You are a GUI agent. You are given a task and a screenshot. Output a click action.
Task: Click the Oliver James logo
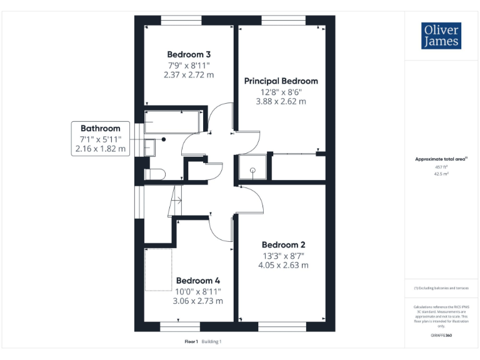pyautogui.click(x=441, y=36)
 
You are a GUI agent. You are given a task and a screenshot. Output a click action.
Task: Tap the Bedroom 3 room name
pyautogui.click(x=189, y=54)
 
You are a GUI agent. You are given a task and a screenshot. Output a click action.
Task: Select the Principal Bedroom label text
pyautogui.click(x=281, y=81)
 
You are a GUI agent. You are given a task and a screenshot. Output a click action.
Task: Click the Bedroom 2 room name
pyautogui.click(x=283, y=244)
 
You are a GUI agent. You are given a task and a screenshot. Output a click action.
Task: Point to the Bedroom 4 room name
pyautogui.click(x=197, y=281)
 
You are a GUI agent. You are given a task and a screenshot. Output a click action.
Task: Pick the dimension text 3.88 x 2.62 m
pyautogui.click(x=281, y=101)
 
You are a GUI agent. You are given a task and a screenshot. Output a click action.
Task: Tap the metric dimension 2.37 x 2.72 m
pyautogui.click(x=189, y=74)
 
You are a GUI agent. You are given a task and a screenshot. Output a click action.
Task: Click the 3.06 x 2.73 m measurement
pyautogui.click(x=197, y=301)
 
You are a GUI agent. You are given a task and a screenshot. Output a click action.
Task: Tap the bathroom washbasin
pyautogui.click(x=149, y=148)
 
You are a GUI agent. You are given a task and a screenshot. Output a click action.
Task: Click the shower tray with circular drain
pyautogui.click(x=253, y=167)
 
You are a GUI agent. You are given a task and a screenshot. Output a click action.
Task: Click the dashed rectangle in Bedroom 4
pyautogui.click(x=159, y=269)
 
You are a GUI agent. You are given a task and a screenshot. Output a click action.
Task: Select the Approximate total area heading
pyautogui.click(x=441, y=159)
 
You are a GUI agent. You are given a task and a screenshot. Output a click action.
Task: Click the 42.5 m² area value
pyautogui.click(x=441, y=174)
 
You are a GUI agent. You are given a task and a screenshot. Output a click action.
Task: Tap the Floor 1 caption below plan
pyautogui.click(x=191, y=341)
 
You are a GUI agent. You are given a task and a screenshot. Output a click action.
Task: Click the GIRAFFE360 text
pyautogui.click(x=441, y=336)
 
